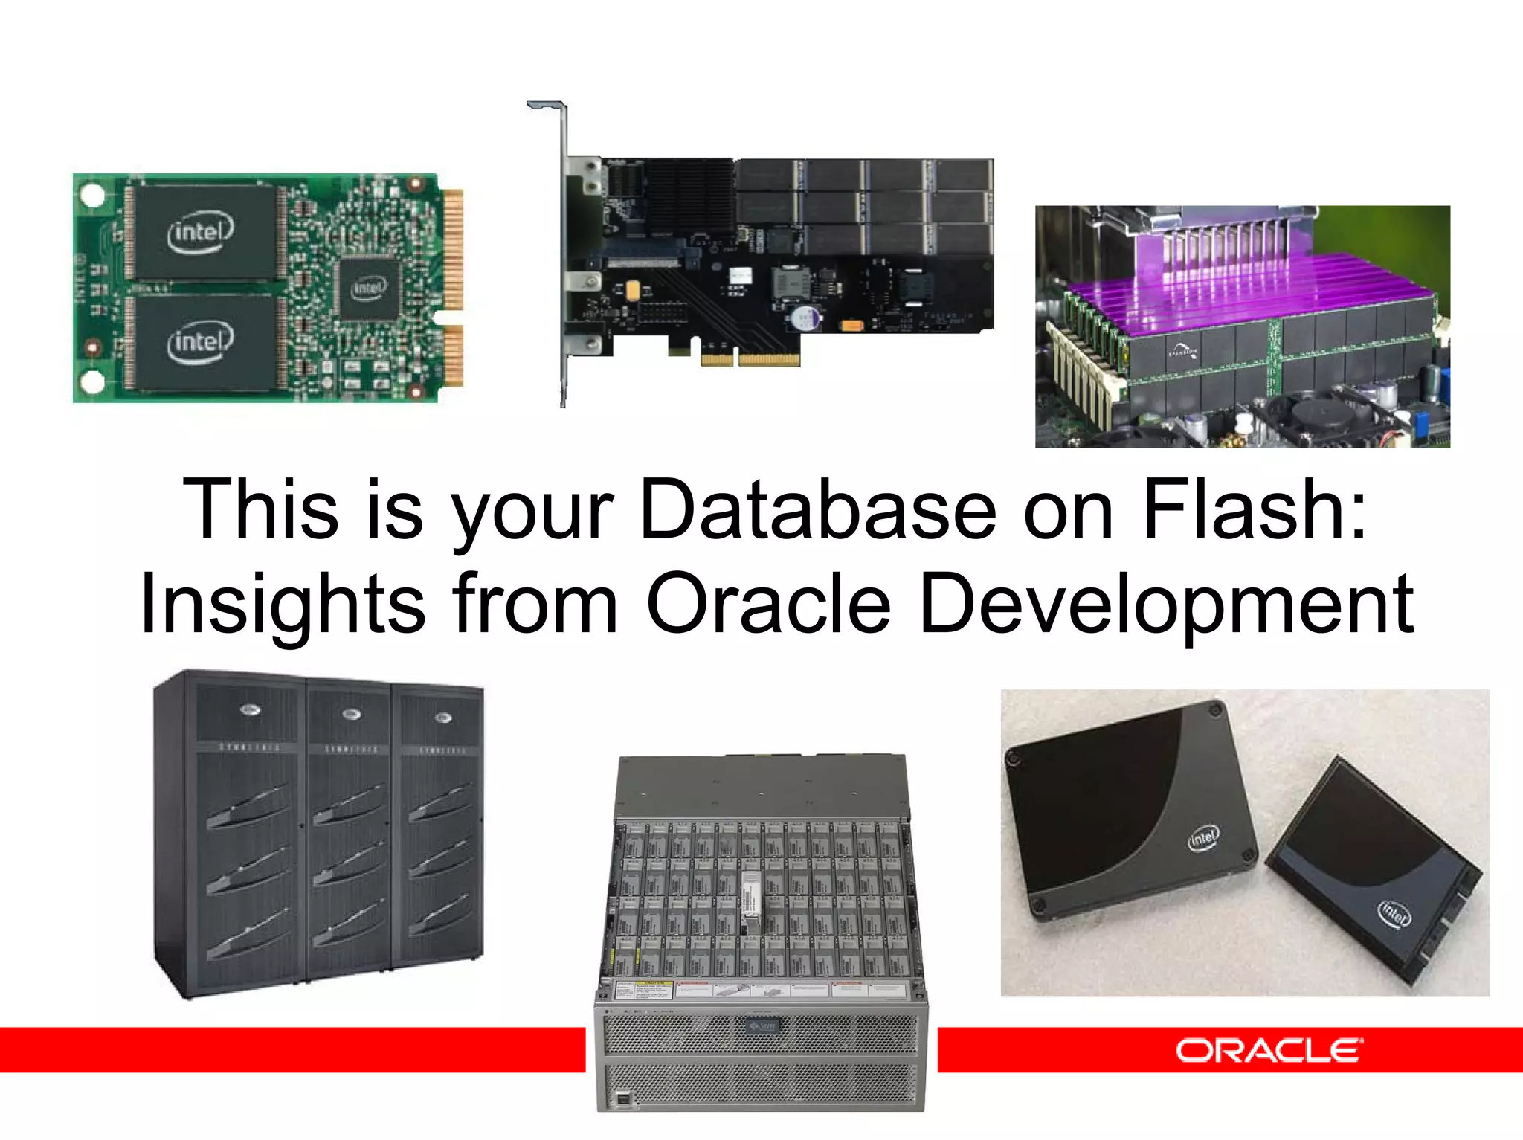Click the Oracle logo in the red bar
coord(1269,1050)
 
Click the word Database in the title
coord(817,510)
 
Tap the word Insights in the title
coord(283,605)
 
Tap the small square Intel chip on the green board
coord(368,289)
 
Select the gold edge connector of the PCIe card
coord(751,359)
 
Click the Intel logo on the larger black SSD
coord(1202,838)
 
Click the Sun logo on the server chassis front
coord(761,1027)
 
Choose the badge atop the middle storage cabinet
coord(351,715)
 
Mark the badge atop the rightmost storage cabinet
coord(442,718)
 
